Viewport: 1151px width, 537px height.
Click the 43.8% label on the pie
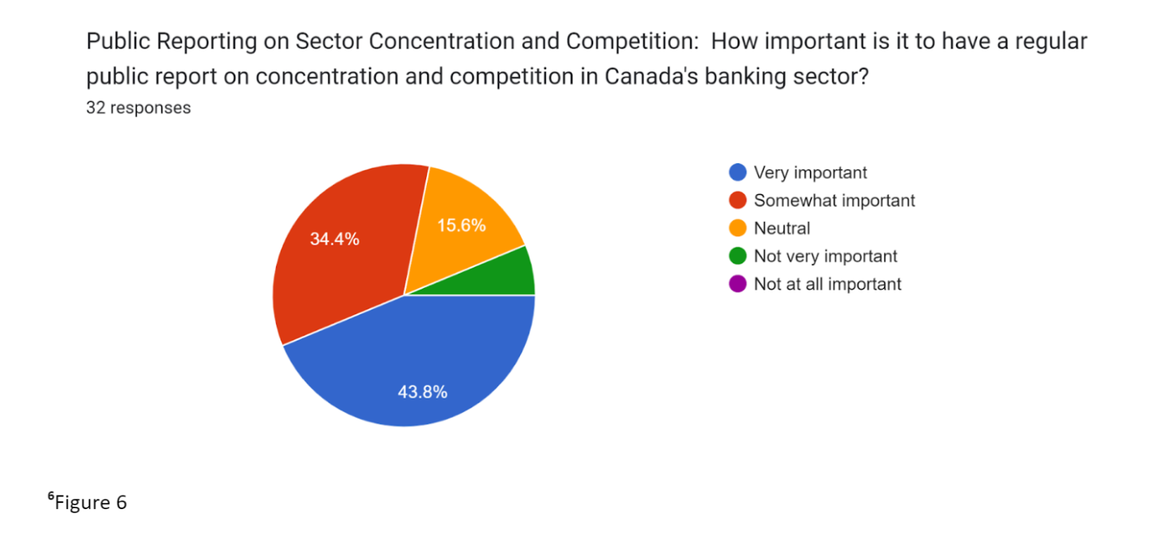click(x=422, y=392)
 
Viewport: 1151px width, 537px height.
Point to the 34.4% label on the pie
click(x=335, y=239)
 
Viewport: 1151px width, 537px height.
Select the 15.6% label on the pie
click(x=461, y=225)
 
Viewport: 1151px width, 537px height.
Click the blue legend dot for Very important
click(x=738, y=173)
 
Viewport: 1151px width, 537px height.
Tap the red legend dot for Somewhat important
click(x=738, y=200)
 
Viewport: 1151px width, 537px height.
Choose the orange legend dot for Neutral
click(x=738, y=228)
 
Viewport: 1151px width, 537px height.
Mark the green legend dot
click(x=738, y=255)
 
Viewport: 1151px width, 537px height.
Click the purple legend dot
click(x=738, y=283)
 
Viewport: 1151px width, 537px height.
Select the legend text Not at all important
click(x=827, y=284)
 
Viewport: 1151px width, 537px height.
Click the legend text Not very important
click(x=825, y=256)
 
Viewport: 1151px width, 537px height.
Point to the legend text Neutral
click(x=781, y=228)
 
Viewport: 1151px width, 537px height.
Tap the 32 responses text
click(x=138, y=108)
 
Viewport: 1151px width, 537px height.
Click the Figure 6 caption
click(x=87, y=502)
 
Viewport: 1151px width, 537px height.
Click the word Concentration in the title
click(x=442, y=41)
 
